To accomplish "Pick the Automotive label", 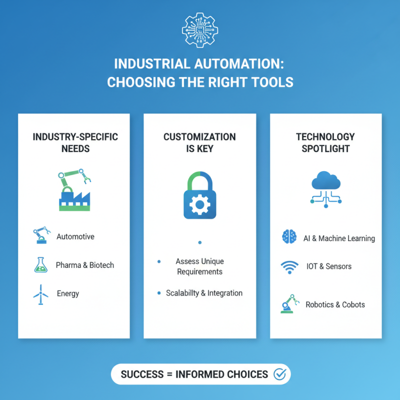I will coord(75,236).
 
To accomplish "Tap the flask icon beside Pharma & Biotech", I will coord(40,265).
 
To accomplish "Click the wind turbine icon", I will coord(40,294).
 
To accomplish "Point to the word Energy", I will coord(68,293).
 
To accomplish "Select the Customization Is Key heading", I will coord(199,142).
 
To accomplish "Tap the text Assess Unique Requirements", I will coord(199,266).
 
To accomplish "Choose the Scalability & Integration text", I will coord(204,293).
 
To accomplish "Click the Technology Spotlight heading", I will coord(325,142).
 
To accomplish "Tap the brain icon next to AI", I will coord(289,237).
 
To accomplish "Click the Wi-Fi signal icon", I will coord(289,266).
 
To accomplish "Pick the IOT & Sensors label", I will coord(328,266).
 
